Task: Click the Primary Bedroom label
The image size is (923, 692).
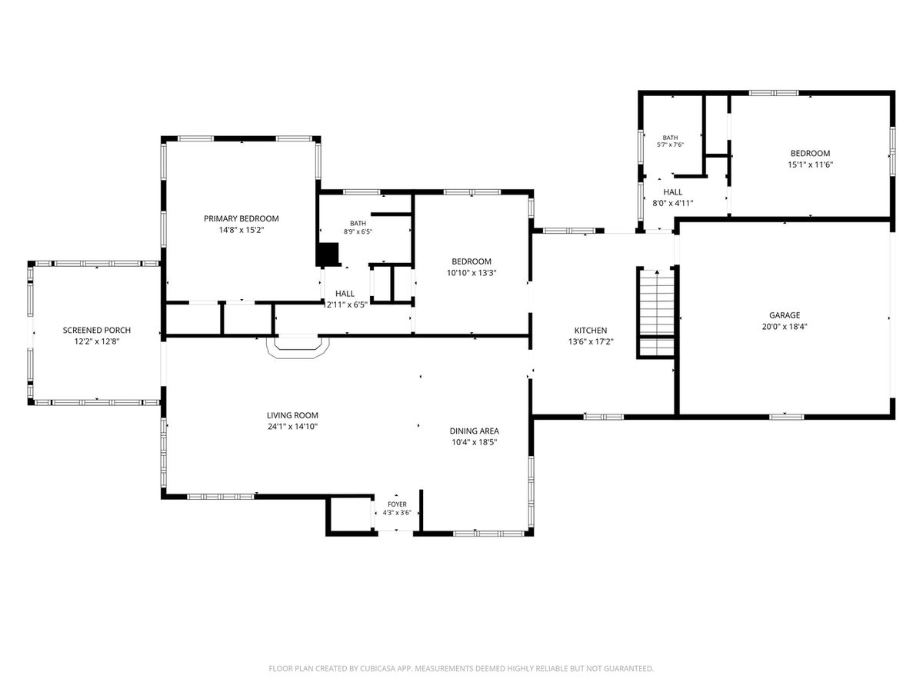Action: click(241, 218)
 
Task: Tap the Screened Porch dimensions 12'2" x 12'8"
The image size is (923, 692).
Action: click(97, 341)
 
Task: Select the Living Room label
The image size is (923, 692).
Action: click(292, 415)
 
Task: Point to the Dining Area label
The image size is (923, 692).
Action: click(475, 431)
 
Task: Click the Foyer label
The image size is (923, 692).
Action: click(397, 504)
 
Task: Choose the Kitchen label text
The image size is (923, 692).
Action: click(591, 331)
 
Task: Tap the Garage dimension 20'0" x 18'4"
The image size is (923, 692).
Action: click(785, 327)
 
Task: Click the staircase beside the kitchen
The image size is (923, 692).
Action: click(656, 313)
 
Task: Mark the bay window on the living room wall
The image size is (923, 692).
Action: click(298, 347)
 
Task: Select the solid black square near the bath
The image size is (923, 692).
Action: click(328, 255)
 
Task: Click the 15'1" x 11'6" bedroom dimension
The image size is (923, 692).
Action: click(810, 165)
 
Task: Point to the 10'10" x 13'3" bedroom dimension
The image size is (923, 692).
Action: click(471, 273)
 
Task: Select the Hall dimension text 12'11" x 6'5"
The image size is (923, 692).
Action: click(345, 305)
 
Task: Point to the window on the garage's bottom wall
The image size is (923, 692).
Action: click(786, 417)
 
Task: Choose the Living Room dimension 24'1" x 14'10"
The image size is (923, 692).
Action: click(292, 427)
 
